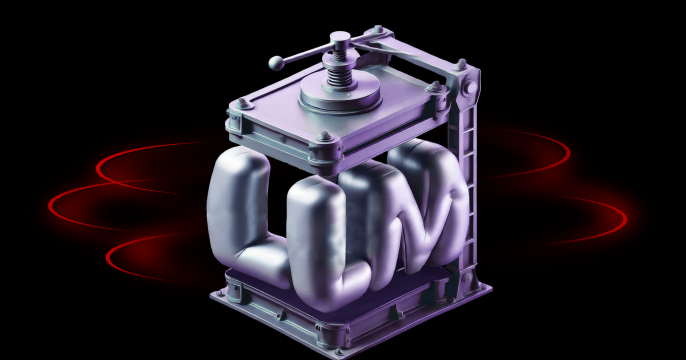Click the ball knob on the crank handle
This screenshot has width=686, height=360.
(x=276, y=63)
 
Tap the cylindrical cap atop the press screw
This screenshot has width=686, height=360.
(x=340, y=40)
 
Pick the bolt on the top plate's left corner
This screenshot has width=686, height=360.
(x=242, y=104)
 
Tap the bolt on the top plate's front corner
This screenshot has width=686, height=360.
(x=325, y=137)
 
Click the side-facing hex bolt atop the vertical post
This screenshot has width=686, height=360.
(x=469, y=88)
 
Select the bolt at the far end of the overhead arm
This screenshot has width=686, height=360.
(x=378, y=30)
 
